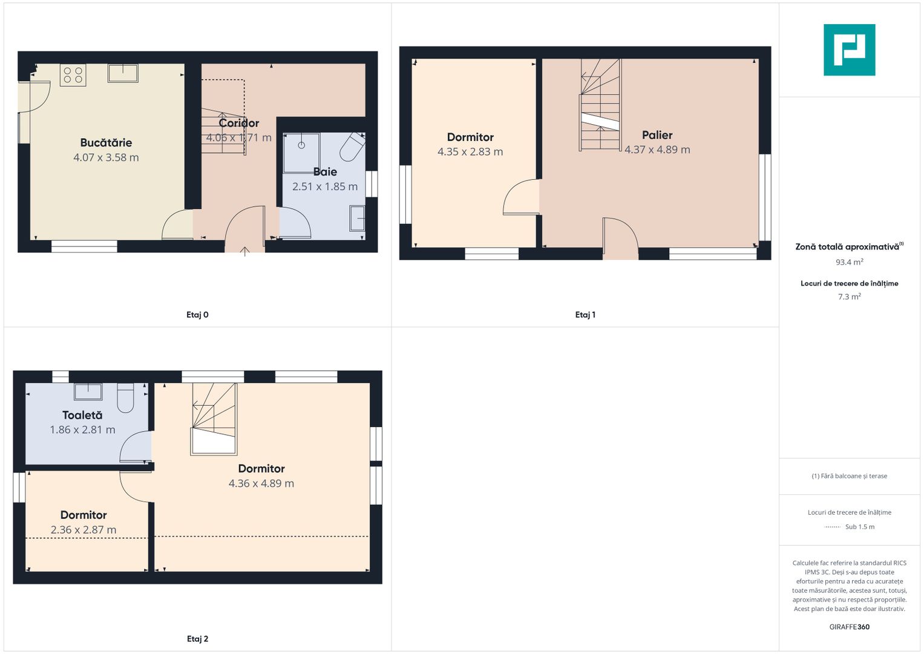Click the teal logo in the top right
tap(849, 50)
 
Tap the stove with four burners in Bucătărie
tap(73, 75)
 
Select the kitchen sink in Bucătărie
tap(123, 73)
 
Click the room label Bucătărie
tap(106, 143)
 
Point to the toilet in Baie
tap(352, 147)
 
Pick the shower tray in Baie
tap(301, 153)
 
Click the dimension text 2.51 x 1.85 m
tap(325, 187)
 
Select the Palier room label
tap(657, 136)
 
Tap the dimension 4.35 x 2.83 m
tap(470, 152)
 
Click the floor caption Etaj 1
tap(585, 315)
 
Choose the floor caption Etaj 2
tap(198, 639)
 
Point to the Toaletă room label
tap(82, 415)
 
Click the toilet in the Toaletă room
tap(125, 398)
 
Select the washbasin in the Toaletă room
tap(88, 392)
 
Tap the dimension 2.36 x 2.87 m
tap(84, 530)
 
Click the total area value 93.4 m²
tap(850, 262)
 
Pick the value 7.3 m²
tap(850, 297)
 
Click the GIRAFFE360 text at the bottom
tap(850, 627)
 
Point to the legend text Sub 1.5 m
tap(860, 527)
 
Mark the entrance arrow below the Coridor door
tap(244, 251)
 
